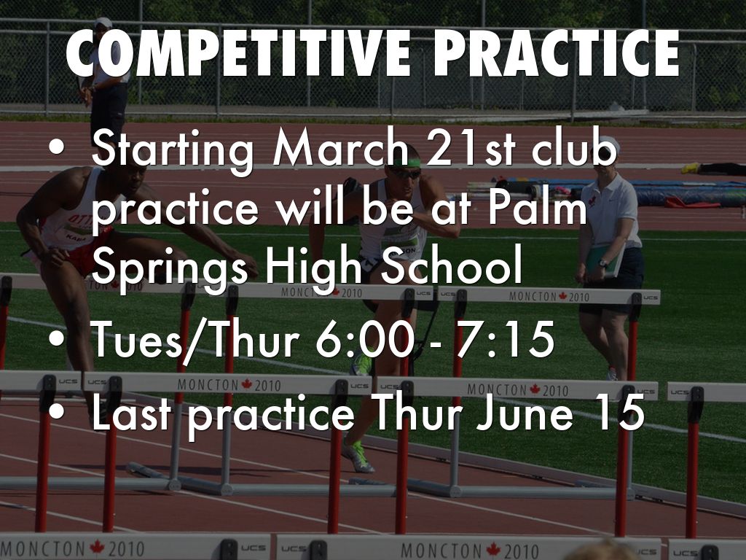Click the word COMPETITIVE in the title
[x=238, y=53]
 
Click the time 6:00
[x=364, y=339]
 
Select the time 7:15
[x=506, y=339]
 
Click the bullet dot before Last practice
[x=57, y=413]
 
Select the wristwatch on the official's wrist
[x=602, y=262]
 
